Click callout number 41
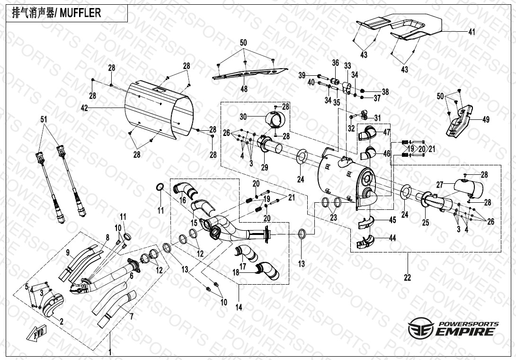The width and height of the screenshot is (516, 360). (x=472, y=32)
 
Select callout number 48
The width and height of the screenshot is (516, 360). (x=243, y=89)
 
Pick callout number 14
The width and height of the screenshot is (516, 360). (x=239, y=307)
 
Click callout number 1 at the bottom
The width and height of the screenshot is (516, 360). (x=110, y=352)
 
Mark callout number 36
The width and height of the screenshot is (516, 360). (x=335, y=63)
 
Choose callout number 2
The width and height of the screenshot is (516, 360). (x=61, y=321)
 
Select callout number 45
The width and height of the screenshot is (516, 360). (x=392, y=220)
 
